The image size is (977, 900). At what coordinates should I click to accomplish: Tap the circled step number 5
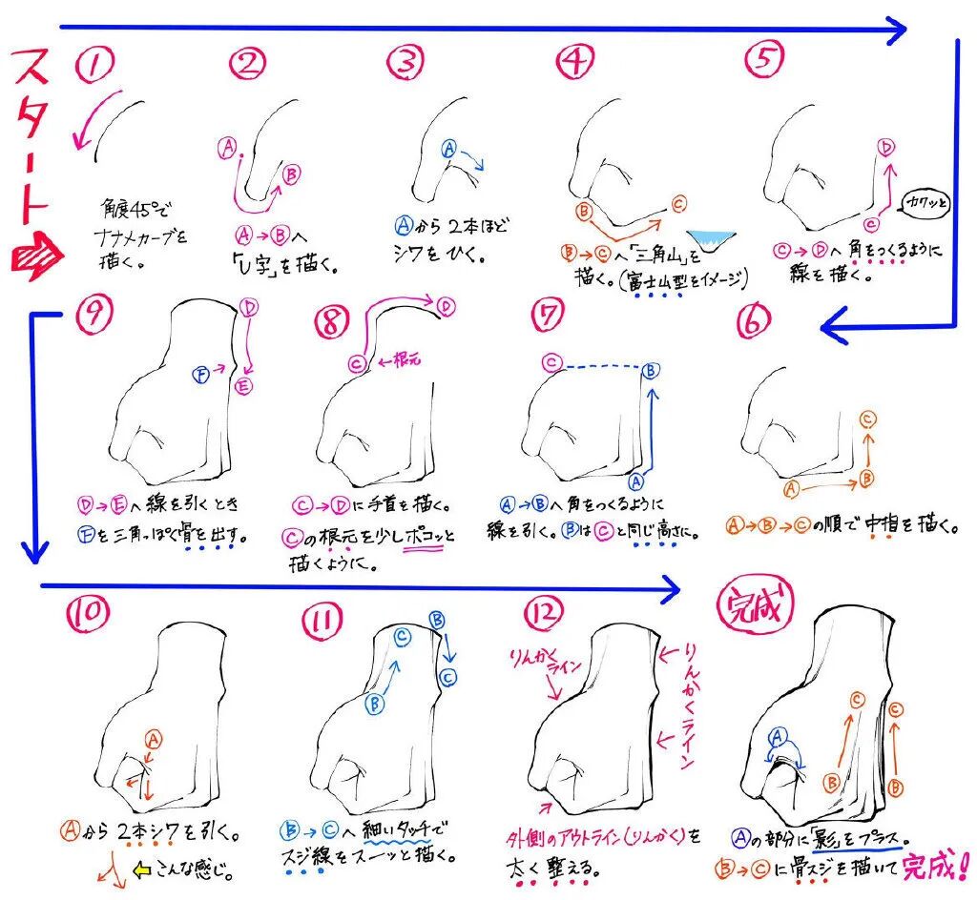point(765,60)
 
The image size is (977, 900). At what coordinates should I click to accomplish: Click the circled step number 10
point(92,620)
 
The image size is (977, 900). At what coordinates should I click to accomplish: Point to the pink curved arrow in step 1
point(100,121)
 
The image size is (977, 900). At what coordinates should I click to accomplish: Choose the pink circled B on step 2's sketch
point(292,173)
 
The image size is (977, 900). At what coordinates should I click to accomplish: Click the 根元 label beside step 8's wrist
point(401,360)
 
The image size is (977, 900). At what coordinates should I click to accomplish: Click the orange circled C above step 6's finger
point(867,418)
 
